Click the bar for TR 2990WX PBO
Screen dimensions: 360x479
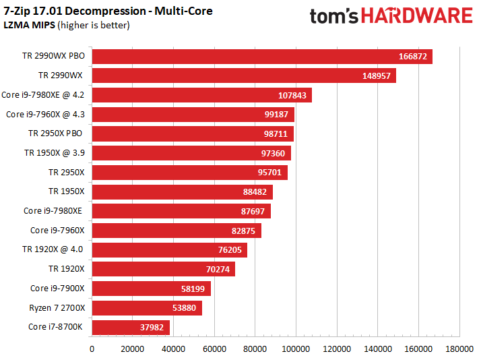click(x=261, y=57)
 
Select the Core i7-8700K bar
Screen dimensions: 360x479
click(x=131, y=328)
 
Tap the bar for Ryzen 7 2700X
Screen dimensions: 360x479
click(x=147, y=308)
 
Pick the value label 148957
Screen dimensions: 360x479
click(x=376, y=76)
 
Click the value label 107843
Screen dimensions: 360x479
click(x=292, y=96)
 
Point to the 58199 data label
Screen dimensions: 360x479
click(x=195, y=289)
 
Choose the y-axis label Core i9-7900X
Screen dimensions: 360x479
click(x=57, y=289)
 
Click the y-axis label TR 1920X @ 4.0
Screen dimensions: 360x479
click(x=53, y=250)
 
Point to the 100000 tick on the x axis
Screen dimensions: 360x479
click(x=296, y=349)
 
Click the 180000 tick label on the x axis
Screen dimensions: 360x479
click(x=459, y=349)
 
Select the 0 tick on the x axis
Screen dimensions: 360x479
click(x=92, y=349)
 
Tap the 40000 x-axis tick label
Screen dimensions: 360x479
click(x=174, y=349)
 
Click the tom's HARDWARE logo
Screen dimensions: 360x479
click(x=391, y=16)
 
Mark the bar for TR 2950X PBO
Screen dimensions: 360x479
click(x=193, y=134)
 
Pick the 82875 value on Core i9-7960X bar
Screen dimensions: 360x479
click(x=245, y=231)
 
